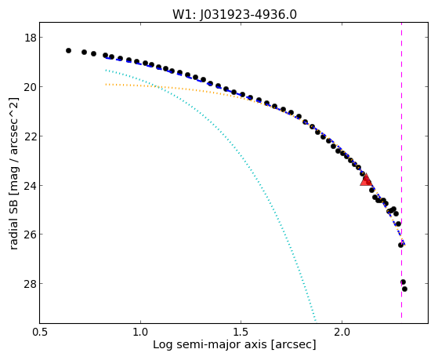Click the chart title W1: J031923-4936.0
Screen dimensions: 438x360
click(234, 15)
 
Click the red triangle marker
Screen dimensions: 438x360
click(366, 180)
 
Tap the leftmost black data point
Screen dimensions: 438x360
click(68, 51)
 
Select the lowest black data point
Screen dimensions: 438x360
click(404, 289)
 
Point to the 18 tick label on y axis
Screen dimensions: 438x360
click(30, 38)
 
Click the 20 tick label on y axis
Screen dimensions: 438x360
click(30, 87)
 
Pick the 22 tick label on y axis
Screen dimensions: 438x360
click(30, 136)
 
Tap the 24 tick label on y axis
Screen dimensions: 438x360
click(30, 185)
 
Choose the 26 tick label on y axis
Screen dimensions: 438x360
click(30, 235)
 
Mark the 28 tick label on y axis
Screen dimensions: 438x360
click(30, 284)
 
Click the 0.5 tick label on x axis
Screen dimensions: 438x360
click(40, 332)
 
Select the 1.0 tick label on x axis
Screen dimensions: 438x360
click(140, 332)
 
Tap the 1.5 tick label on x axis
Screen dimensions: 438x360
click(241, 332)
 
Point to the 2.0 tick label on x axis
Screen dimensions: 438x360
click(342, 332)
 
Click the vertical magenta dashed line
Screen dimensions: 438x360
click(401, 170)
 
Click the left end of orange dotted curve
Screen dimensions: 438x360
click(106, 84)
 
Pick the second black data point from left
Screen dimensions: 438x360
click(84, 52)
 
